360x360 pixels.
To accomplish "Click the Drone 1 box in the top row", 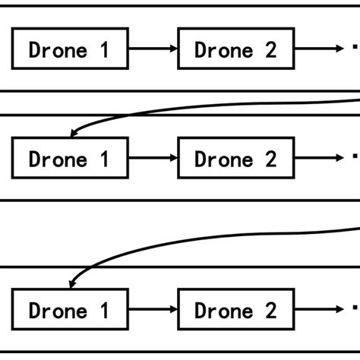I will pos(70,49).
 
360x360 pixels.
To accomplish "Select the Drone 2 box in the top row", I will pos(235,49).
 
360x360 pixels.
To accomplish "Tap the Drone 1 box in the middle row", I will pos(70,158).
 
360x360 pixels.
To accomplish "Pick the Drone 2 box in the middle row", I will pos(235,158).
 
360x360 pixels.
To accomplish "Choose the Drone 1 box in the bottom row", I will pos(70,309).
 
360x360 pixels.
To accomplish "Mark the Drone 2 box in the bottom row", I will pos(235,309).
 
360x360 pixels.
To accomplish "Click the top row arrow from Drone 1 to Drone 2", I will pos(153,49).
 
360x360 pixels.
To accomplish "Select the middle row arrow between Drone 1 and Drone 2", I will pos(153,158).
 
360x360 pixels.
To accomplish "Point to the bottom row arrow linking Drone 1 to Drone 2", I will pos(153,309).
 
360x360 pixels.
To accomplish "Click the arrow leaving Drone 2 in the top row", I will pos(319,49).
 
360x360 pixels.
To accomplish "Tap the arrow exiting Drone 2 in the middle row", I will pos(319,158).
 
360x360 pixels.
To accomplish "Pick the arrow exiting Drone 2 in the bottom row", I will pos(319,309).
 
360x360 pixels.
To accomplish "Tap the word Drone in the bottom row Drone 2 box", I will pos(223,310).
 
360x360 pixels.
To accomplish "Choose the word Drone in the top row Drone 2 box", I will pos(223,49).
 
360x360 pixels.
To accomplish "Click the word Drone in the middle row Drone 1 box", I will pos(56,159).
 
